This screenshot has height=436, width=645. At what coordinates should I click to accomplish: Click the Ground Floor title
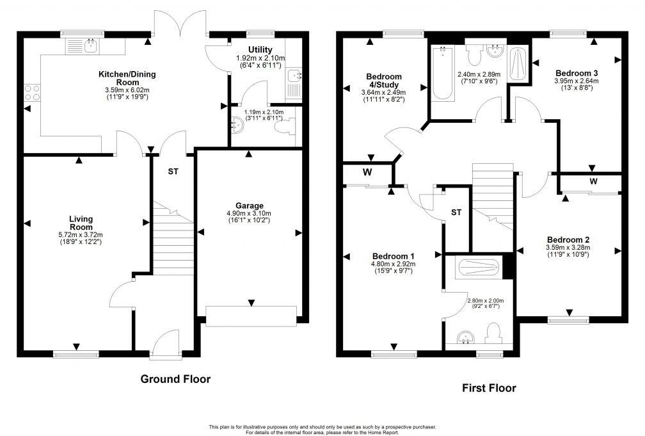pyautogui.click(x=175, y=379)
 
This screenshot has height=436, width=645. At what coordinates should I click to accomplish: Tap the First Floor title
pyautogui.click(x=489, y=387)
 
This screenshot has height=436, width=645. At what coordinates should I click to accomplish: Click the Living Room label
pyautogui.click(x=81, y=223)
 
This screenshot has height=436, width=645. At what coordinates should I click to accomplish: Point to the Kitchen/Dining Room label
pyautogui.click(x=127, y=78)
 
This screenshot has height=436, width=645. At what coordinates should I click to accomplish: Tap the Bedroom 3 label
pyautogui.click(x=577, y=72)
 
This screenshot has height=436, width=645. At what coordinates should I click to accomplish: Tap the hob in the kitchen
pyautogui.click(x=33, y=93)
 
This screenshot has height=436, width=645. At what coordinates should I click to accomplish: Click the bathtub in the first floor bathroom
pyautogui.click(x=441, y=74)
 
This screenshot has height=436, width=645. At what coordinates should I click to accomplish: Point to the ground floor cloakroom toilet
pyautogui.click(x=285, y=127)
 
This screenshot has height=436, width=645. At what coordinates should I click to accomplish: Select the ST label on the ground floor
pyautogui.click(x=173, y=172)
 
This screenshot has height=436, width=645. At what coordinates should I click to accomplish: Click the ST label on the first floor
pyautogui.click(x=456, y=212)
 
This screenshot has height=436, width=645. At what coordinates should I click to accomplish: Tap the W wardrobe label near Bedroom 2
pyautogui.click(x=593, y=182)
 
